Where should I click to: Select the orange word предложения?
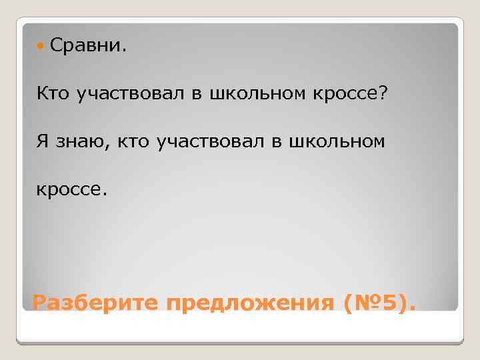tap(250, 304)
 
